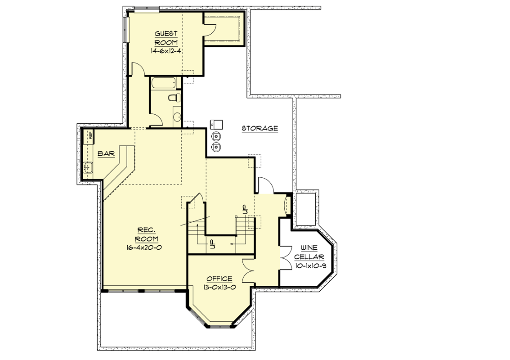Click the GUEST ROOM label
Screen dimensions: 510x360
coord(166,38)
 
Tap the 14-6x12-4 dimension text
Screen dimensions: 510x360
coord(166,51)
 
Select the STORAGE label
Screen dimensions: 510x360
coord(259,128)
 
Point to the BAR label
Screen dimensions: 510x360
coord(106,153)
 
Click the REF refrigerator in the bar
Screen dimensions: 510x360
coord(88,135)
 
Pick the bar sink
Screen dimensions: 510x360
coord(88,167)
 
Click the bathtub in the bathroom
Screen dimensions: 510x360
coord(164,83)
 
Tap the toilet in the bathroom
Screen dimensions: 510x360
coord(174,97)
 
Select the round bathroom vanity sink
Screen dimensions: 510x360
coord(177,116)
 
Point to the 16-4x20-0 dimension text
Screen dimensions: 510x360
coord(144,247)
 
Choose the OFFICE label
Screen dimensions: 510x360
coord(219,279)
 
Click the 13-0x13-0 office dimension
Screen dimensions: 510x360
coord(219,287)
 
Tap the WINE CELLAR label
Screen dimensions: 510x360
coord(309,252)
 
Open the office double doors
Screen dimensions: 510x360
coord(248,270)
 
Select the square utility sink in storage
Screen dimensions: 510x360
coord(216,124)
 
